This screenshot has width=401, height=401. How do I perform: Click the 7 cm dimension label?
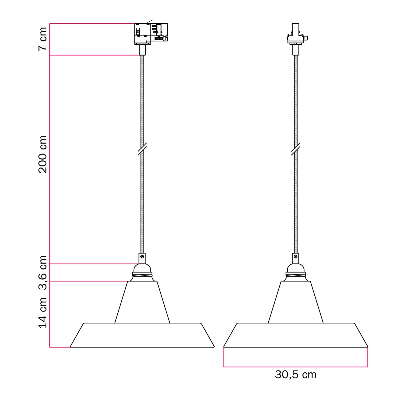(x=43, y=39)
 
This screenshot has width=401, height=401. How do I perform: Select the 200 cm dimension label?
(x=43, y=154)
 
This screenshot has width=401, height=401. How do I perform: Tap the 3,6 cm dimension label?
(x=43, y=272)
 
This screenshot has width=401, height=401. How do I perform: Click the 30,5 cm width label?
(x=295, y=375)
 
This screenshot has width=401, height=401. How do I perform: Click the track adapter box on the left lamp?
(x=151, y=34)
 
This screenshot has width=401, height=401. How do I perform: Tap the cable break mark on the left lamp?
(x=142, y=149)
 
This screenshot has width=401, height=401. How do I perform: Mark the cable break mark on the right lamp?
(x=296, y=149)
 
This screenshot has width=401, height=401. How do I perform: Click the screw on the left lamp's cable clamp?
(x=142, y=257)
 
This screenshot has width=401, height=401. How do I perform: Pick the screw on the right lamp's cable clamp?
(x=296, y=257)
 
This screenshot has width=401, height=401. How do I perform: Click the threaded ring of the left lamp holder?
(x=142, y=274)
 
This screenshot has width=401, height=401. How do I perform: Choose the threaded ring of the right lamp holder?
(x=296, y=274)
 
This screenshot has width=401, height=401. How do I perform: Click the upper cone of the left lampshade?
(x=142, y=302)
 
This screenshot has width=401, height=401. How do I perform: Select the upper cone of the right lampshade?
(x=296, y=302)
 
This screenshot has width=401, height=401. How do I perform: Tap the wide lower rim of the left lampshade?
(x=142, y=335)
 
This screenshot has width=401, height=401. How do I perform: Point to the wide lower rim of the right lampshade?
(x=296, y=335)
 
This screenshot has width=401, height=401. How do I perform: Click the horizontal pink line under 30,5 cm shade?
(x=296, y=367)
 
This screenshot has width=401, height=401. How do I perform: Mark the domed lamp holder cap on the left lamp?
(x=142, y=268)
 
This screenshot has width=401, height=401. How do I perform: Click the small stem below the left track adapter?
(x=142, y=50)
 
